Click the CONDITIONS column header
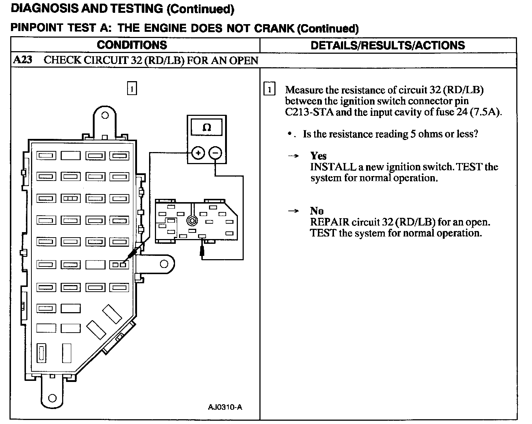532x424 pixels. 132,45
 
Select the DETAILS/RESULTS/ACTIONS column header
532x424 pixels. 388,45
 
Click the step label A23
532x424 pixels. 23,60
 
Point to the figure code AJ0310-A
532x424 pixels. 225,407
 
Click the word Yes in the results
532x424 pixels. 318,156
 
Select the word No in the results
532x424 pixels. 317,211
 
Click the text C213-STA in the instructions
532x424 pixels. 309,112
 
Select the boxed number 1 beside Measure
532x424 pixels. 269,90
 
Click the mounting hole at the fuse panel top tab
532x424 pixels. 105,116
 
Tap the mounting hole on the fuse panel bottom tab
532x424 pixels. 52,398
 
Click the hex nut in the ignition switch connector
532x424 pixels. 191,220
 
